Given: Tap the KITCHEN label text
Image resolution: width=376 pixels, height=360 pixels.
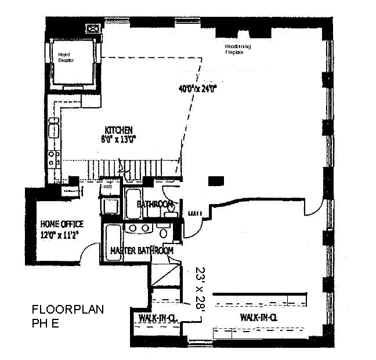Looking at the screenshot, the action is point(119,129).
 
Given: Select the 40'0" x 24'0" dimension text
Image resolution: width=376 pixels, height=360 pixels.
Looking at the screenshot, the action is point(197,89).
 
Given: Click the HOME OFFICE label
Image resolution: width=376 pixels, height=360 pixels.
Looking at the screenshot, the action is point(62,224).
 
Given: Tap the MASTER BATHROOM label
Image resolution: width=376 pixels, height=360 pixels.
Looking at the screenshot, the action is point(142,250).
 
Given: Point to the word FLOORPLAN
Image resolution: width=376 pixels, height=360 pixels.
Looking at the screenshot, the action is point(67,310).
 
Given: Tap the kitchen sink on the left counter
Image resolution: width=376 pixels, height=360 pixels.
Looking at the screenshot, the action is point(53,127).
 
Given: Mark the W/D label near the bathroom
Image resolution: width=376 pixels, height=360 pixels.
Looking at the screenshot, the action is point(108,187).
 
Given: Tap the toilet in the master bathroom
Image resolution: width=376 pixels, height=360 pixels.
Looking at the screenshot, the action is point(164,234).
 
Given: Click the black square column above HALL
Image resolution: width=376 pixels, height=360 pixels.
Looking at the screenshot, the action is point(215,182).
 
